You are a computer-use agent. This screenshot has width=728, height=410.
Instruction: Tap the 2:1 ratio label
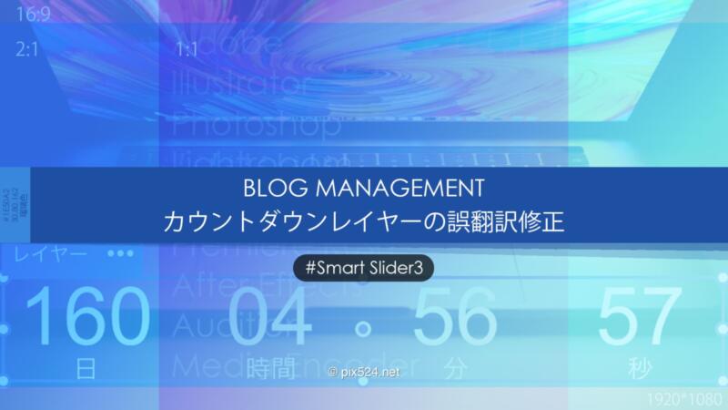[26, 50]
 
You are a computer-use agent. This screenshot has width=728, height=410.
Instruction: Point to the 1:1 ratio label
[187, 50]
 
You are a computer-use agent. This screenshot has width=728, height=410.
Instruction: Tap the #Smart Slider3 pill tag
[364, 268]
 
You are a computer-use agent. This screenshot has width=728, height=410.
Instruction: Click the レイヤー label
[52, 252]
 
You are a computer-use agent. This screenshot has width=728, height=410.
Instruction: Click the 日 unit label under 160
[86, 369]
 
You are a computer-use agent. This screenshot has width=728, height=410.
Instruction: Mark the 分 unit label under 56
[455, 369]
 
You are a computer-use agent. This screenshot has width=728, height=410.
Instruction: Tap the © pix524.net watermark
[362, 373]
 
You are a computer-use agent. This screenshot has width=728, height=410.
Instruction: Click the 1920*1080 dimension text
[683, 399]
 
